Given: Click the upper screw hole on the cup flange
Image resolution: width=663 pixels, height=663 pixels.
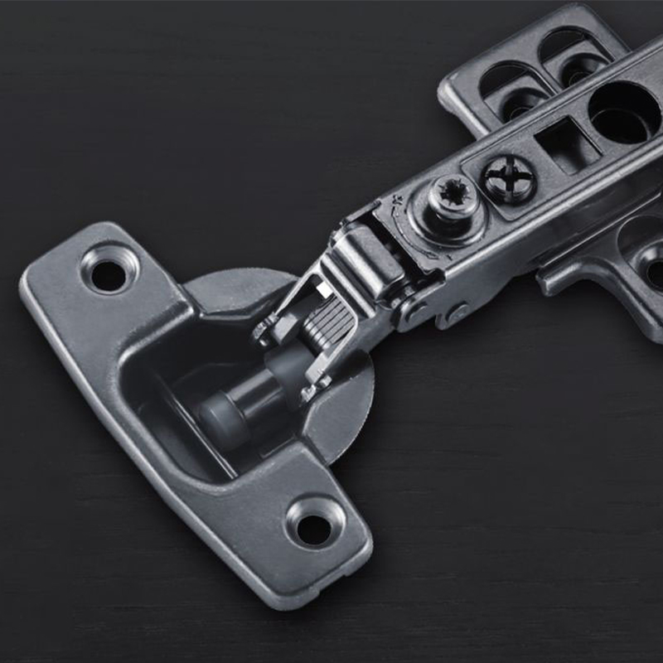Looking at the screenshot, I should [x=109, y=275].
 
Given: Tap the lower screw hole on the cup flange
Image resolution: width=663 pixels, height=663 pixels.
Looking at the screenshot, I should [x=313, y=529].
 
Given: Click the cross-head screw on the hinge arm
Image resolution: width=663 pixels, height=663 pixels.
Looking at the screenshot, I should [x=508, y=177].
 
